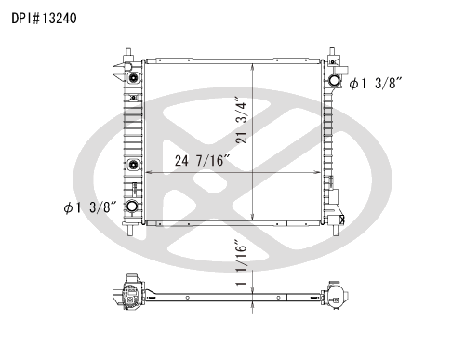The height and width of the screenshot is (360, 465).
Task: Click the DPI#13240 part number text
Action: (x=44, y=19)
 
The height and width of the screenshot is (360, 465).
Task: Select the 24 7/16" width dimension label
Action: (x=202, y=161)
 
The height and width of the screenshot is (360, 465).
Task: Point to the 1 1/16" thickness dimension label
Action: (x=242, y=262)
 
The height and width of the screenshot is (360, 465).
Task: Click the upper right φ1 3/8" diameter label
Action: (x=376, y=84)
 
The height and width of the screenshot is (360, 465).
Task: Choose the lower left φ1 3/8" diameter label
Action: (x=90, y=207)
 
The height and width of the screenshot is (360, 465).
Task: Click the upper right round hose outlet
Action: (x=334, y=80)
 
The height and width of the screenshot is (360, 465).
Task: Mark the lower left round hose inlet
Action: (x=132, y=206)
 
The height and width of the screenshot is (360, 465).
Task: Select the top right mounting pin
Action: (x=332, y=52)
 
